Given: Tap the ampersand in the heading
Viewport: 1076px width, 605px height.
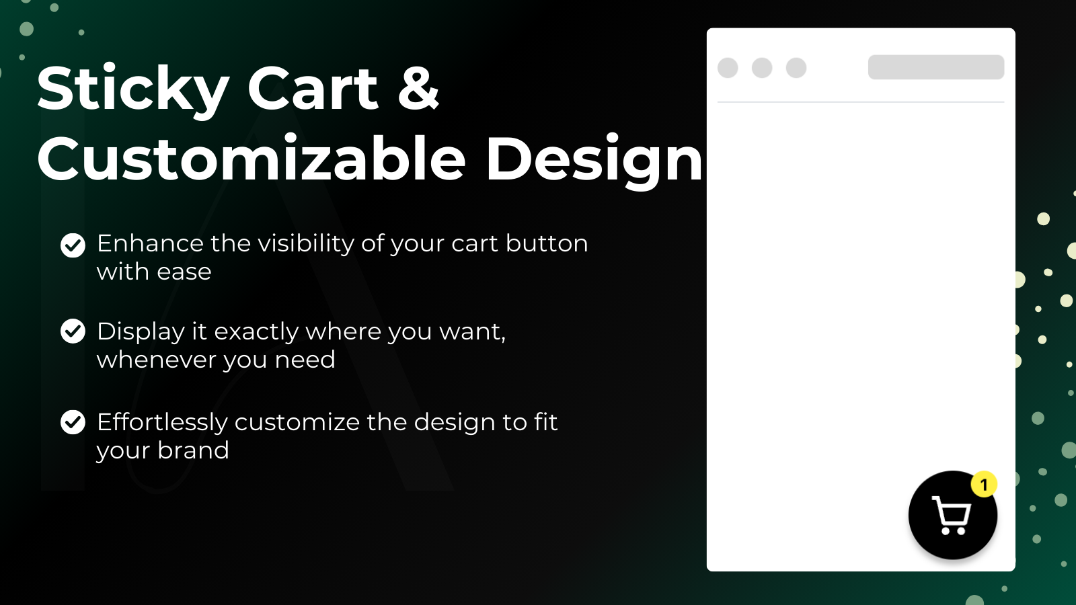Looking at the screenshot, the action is click(x=418, y=88).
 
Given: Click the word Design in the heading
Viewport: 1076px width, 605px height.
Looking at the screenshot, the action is click(x=594, y=161).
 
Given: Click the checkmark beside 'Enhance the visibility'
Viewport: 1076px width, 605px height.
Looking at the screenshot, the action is click(x=73, y=245).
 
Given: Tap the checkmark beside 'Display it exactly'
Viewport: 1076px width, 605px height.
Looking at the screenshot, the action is click(x=73, y=331).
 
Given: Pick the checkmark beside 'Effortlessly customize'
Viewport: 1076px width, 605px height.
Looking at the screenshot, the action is click(x=73, y=422).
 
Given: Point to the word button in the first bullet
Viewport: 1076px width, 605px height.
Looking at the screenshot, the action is click(x=547, y=243).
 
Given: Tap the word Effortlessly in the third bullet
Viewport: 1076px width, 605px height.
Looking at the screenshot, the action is click(x=162, y=423).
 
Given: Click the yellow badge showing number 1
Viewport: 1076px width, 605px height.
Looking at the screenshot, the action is click(x=984, y=485).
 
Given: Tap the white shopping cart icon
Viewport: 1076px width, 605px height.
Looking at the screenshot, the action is click(x=952, y=515).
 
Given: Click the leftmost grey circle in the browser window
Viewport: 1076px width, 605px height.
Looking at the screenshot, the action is click(x=728, y=68).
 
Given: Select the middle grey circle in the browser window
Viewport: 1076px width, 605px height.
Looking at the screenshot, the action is click(x=762, y=68).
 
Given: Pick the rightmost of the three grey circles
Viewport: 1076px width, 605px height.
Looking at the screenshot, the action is click(x=796, y=68).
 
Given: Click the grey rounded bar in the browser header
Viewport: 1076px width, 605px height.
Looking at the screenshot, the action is click(x=936, y=67).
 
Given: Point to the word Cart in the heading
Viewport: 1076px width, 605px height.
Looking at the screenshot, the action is click(x=313, y=88).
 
